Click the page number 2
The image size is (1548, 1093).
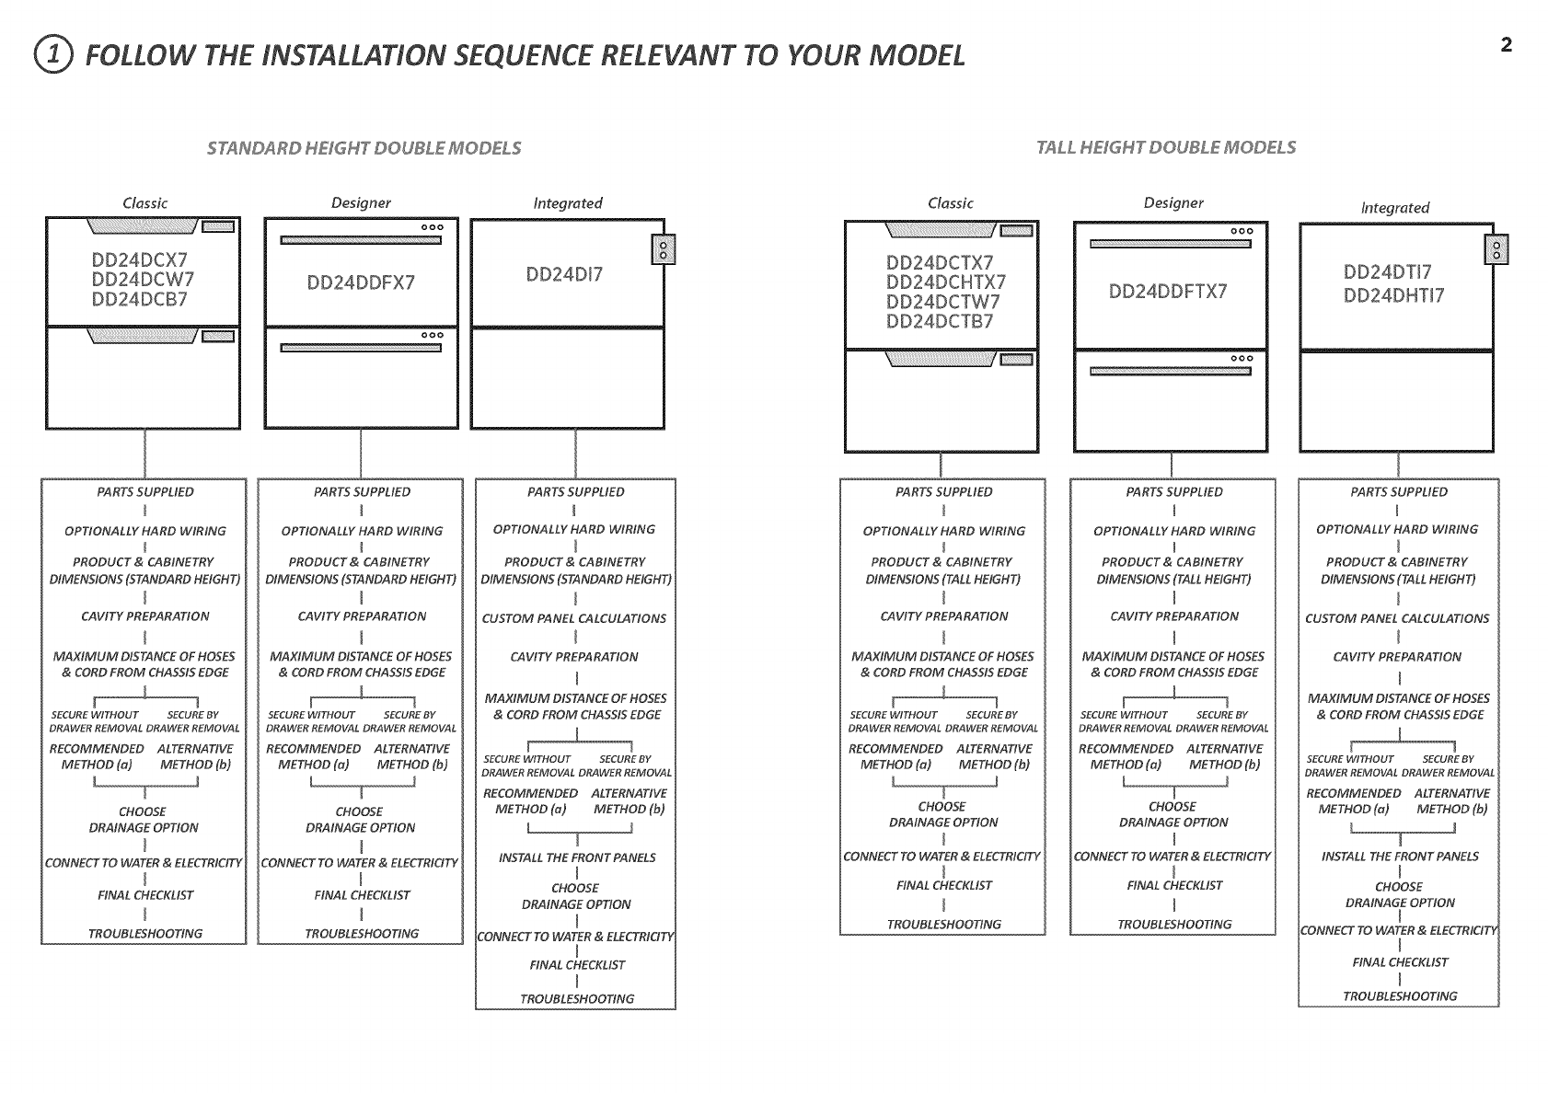1506,45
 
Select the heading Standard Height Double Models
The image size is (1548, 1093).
364,148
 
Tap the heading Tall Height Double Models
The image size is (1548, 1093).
1165,147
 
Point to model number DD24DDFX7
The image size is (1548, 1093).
361,282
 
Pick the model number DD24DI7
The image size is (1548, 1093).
564,274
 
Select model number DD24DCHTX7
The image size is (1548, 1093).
945,282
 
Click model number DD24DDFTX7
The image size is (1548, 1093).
1167,292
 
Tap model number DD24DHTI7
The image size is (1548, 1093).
1393,295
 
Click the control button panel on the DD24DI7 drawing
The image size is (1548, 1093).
657,249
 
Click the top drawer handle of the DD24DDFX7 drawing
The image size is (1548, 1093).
361,240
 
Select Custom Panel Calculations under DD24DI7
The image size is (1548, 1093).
573,618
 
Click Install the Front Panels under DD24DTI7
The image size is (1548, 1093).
1399,857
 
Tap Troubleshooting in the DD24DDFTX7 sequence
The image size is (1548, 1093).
1173,925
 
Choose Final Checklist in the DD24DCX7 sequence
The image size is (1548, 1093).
145,895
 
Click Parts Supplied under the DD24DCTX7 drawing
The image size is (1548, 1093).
943,492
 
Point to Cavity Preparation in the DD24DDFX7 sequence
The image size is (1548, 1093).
362,616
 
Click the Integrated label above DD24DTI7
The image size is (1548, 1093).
1394,208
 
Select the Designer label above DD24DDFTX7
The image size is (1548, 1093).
1173,202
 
